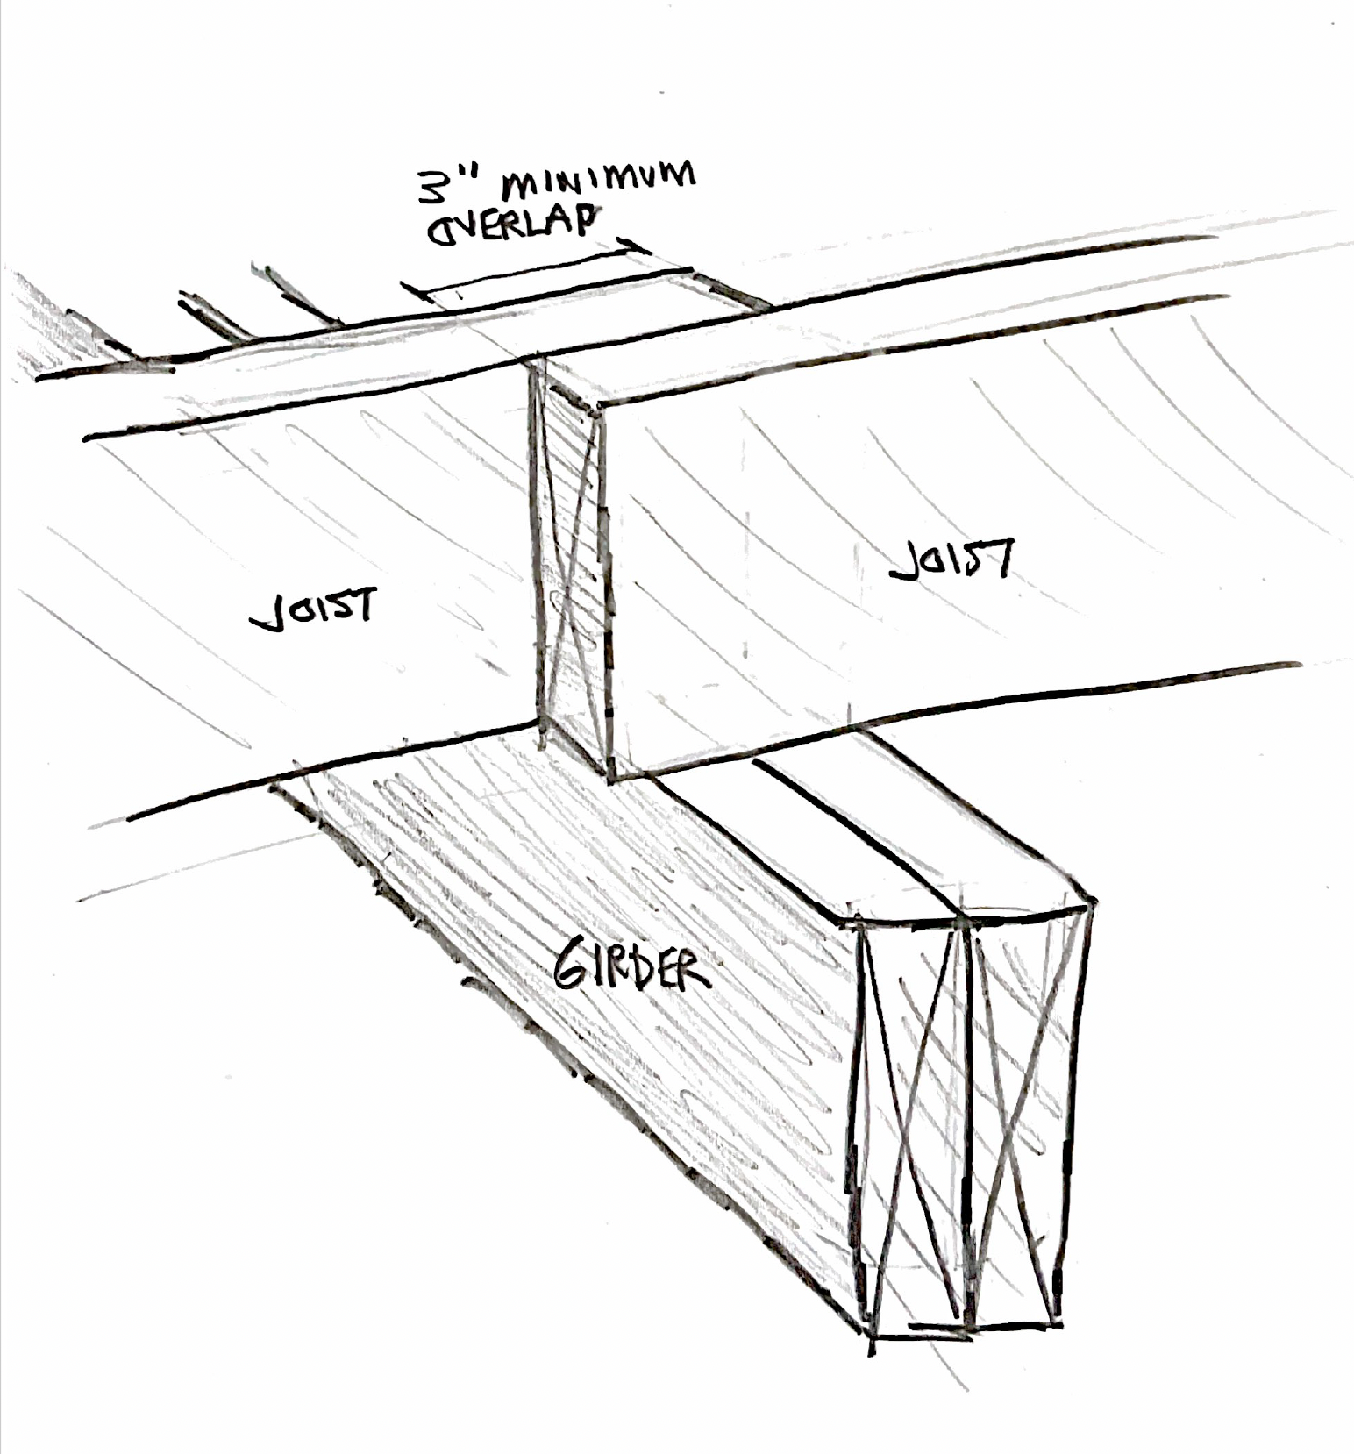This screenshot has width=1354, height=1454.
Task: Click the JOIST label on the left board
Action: [x=314, y=608]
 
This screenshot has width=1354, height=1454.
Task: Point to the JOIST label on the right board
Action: [x=951, y=559]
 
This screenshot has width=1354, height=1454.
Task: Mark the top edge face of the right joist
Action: [x=877, y=346]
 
